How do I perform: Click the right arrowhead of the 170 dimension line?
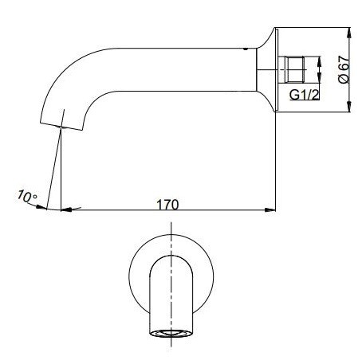tap(271, 211)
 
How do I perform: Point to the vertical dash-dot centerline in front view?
tap(170, 239)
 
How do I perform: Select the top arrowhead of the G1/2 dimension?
tap(320, 57)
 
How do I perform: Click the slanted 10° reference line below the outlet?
tap(54, 167)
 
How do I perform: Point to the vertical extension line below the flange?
tap(277, 159)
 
